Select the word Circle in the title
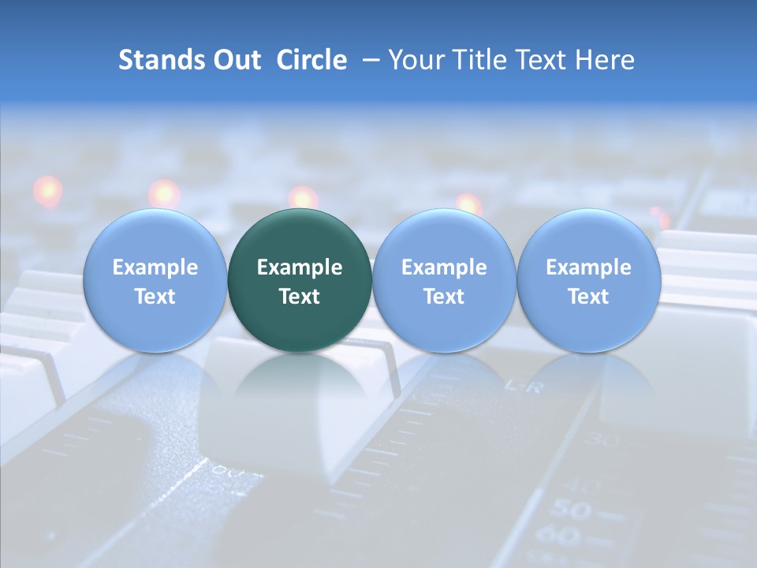coord(311,60)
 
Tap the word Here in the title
coord(605,60)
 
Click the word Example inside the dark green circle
coord(300,267)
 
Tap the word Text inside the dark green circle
coord(300,297)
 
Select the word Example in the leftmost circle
coord(155,267)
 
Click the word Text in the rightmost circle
coord(589,297)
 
